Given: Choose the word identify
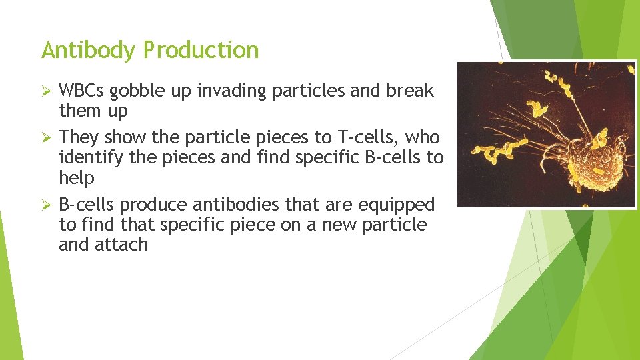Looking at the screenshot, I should pos(89,159).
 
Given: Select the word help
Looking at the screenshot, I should pos(77,179).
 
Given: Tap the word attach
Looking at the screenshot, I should pos(125,245).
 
